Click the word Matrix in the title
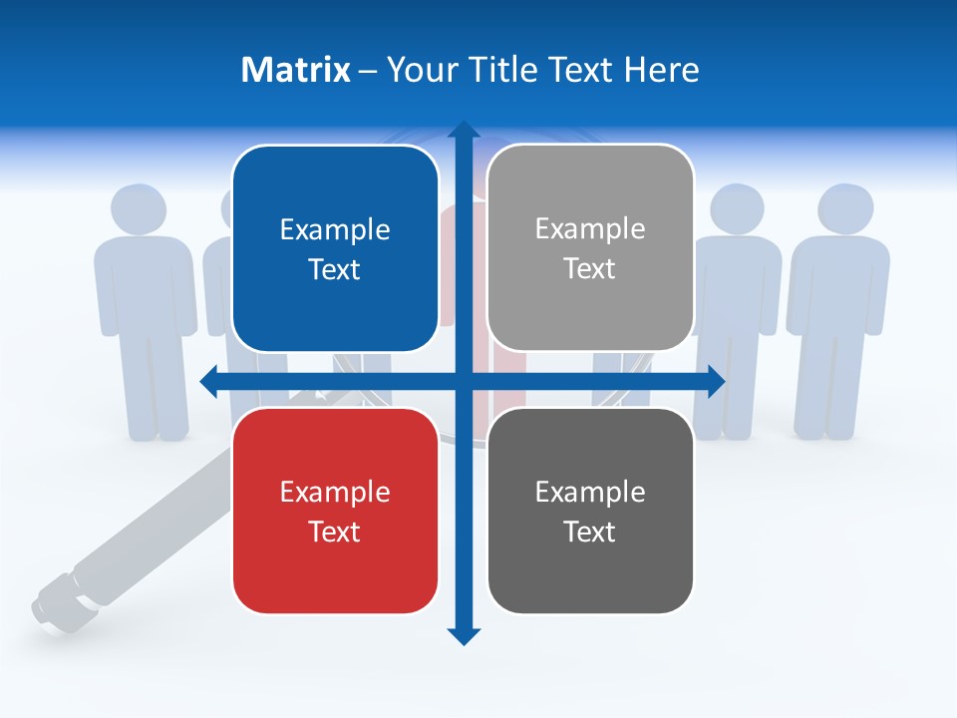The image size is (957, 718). pyautogui.click(x=295, y=70)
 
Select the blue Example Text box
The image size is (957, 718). pyautogui.click(x=335, y=248)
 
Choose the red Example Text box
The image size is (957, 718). pyautogui.click(x=335, y=511)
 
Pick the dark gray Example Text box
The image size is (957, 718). pyautogui.click(x=590, y=511)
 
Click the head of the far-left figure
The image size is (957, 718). pyautogui.click(x=138, y=209)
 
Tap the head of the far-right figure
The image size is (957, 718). pyautogui.click(x=845, y=209)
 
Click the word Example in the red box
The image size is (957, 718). pyautogui.click(x=335, y=492)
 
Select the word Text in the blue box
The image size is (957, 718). pyautogui.click(x=335, y=269)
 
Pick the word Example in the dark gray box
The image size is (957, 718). pyautogui.click(x=590, y=492)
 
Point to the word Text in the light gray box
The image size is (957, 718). pyautogui.click(x=590, y=268)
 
